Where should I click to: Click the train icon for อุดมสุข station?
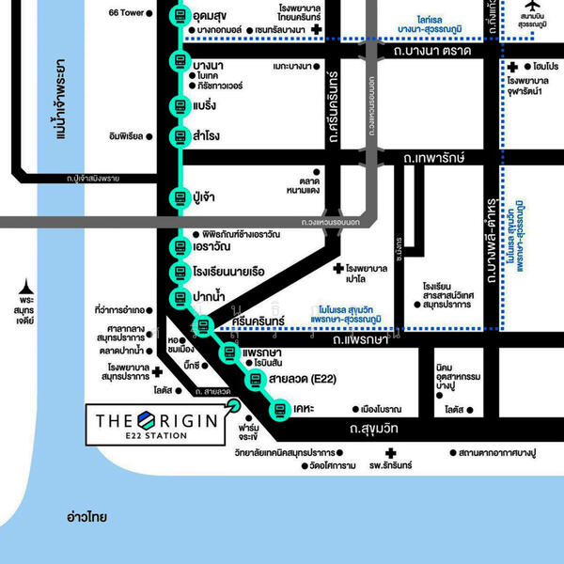coord(180,16)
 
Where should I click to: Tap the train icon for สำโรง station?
coord(180,136)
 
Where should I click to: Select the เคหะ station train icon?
coord(279,409)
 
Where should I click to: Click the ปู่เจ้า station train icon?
coord(180,198)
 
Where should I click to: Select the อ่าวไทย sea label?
coord(86,517)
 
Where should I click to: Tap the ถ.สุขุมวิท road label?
coord(374,429)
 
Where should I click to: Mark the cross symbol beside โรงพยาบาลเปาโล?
coord(338,271)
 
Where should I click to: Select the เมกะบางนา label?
coord(290,68)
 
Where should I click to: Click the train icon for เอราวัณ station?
coord(180,248)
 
